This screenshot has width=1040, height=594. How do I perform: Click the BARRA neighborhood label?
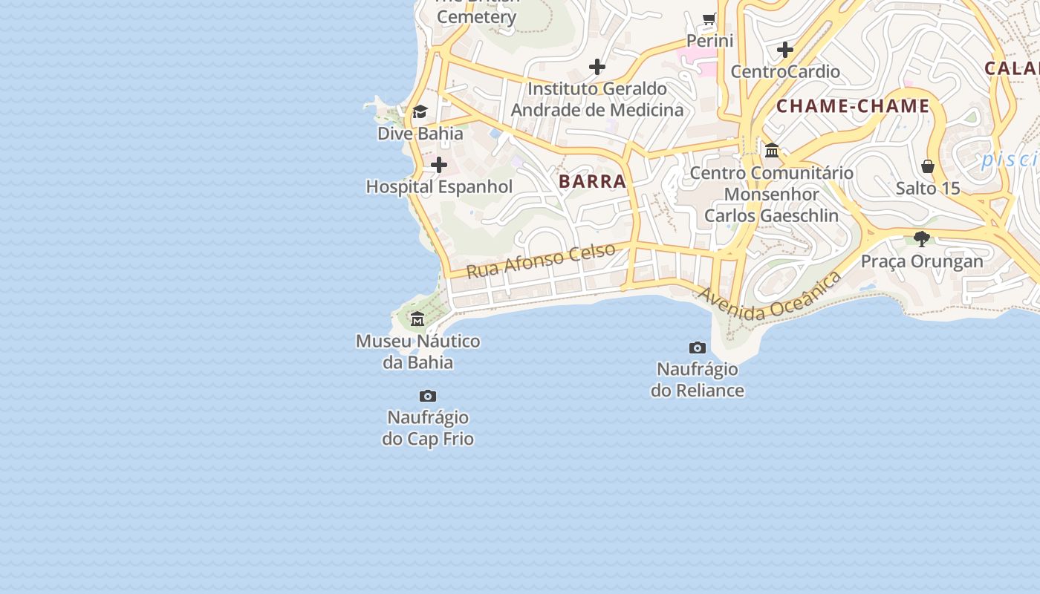point(592,181)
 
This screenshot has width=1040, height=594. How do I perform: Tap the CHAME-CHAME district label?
point(853,106)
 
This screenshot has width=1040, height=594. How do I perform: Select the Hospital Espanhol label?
point(439,186)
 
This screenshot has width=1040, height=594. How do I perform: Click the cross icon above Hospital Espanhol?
point(439,165)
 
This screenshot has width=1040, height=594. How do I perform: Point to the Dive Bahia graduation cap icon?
point(420,112)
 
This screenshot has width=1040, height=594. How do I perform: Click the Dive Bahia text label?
point(420,134)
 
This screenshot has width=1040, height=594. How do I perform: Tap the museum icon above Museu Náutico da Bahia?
point(417,319)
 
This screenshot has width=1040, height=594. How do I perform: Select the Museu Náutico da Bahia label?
point(417,352)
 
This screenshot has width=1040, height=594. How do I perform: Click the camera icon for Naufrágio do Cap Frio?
point(428,396)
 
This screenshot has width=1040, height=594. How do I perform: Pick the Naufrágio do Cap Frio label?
point(428,428)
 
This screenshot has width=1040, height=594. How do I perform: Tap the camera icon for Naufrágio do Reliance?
point(697,347)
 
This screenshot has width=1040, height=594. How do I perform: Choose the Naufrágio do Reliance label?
point(697,379)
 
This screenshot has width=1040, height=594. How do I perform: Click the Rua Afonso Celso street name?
point(541,260)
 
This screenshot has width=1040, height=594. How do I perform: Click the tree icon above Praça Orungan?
point(922,239)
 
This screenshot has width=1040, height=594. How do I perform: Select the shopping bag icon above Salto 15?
point(928,166)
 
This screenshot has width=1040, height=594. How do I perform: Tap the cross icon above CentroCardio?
point(785,50)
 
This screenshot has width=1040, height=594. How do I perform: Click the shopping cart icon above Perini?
point(709,19)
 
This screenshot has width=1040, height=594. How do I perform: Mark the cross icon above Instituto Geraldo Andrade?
point(597,68)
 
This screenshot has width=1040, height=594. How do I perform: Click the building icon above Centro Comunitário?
point(772,151)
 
